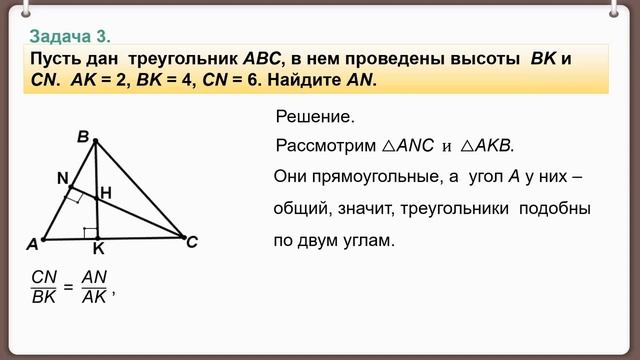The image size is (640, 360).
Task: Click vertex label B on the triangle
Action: click(x=83, y=135)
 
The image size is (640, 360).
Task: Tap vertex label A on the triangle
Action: click(x=32, y=244)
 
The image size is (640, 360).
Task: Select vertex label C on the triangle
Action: click(x=193, y=241)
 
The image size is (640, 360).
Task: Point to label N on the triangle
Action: click(x=62, y=178)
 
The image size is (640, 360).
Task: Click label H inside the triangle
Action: click(x=105, y=191)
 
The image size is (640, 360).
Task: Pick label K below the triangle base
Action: click(x=97, y=248)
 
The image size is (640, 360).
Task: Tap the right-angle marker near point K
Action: click(x=90, y=233)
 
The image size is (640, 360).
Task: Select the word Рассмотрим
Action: click(x=326, y=146)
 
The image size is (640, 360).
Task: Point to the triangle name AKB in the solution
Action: click(x=493, y=146)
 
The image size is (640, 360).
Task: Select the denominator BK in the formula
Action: click(x=44, y=296)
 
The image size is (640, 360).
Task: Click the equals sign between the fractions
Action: click(x=68, y=287)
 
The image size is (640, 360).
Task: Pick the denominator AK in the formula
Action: click(x=94, y=296)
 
